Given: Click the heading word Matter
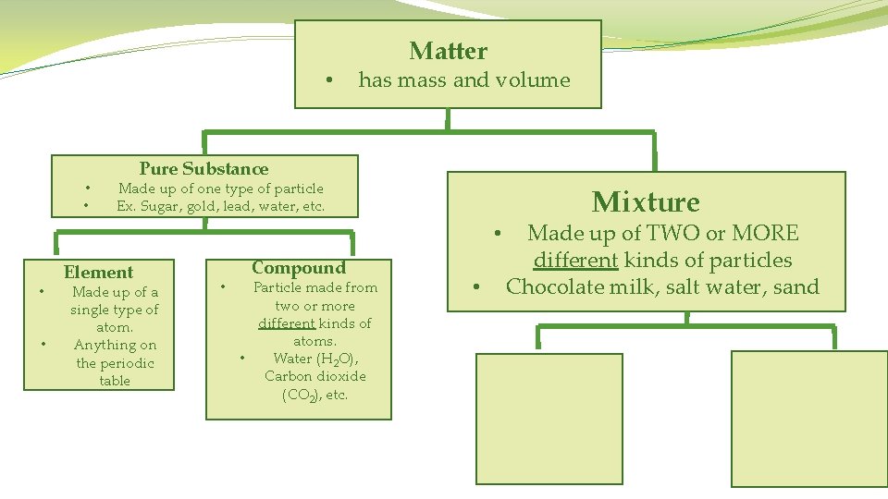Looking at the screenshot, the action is point(449,51).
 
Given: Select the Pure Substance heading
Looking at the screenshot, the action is point(203,168).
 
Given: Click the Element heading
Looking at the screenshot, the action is point(98,272).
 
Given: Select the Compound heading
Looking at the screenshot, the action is point(298,268).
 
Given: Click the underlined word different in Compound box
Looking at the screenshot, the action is point(287,323).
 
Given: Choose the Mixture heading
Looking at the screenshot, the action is point(646,201).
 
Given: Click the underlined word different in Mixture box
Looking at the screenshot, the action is point(575,261).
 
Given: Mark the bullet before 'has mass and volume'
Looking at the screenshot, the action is point(330,80).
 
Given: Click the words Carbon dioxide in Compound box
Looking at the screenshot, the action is point(314,376).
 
